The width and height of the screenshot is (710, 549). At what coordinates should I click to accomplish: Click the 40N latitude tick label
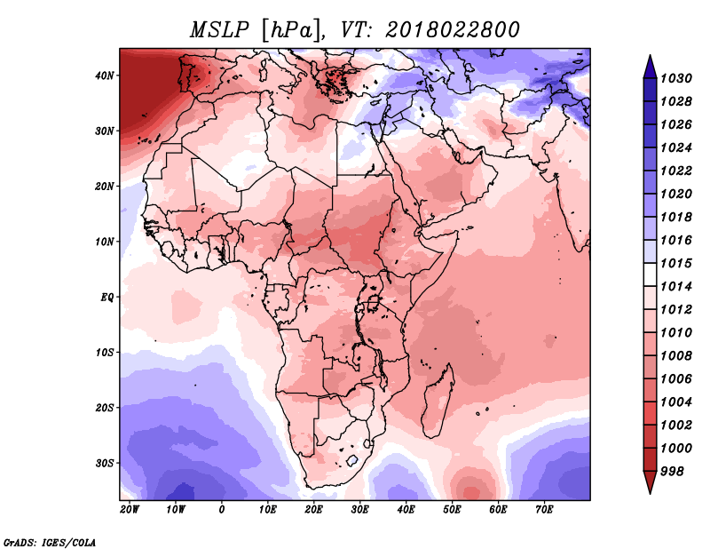coord(104,76)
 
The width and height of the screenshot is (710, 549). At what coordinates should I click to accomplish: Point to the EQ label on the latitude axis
coord(106,298)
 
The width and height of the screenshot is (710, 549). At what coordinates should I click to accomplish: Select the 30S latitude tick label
coord(104,464)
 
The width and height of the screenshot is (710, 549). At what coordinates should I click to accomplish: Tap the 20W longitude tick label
coord(130,510)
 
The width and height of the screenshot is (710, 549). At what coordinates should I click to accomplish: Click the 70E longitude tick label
coord(544,510)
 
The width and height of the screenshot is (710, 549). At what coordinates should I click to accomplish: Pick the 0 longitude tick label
coord(221,510)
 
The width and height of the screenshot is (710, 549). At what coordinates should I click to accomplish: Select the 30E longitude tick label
coord(359,510)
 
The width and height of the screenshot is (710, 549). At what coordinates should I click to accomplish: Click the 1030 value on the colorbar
coord(676,78)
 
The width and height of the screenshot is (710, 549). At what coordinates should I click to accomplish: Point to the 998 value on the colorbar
coord(672,472)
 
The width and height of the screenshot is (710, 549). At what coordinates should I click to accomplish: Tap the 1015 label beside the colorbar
coord(676,263)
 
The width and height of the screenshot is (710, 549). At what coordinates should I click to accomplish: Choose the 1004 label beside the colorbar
coord(676,402)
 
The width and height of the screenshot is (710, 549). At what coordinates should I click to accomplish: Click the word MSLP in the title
coord(219,30)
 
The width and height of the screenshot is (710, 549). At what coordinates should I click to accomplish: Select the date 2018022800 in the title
coord(452,30)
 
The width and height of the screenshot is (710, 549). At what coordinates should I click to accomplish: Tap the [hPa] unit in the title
coord(293,31)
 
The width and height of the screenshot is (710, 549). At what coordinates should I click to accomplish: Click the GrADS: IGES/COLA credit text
coord(50,542)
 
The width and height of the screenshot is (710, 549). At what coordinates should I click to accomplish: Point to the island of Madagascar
coord(437,402)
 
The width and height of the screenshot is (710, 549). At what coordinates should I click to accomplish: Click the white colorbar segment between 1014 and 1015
coord(650,274)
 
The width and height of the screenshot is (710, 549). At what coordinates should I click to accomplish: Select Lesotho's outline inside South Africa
coord(351,462)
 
